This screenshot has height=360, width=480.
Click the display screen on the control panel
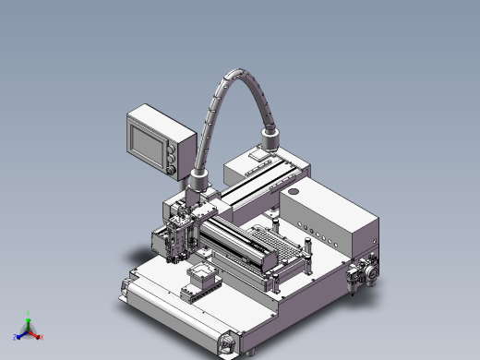[148, 141]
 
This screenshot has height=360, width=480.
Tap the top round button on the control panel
[173, 145]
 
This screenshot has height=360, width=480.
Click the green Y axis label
[29, 313]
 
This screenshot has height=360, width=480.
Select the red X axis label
[41, 337]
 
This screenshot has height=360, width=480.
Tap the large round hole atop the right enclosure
[294, 191]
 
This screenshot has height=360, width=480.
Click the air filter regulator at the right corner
[361, 272]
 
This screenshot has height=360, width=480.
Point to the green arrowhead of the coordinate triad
[29, 320]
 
